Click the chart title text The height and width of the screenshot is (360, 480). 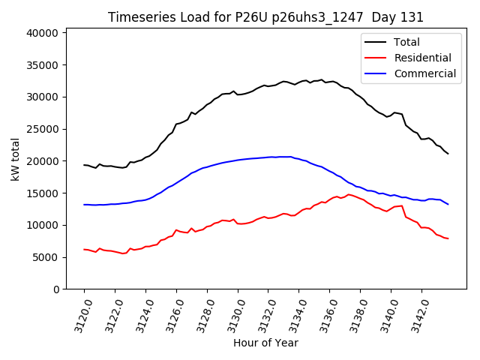(x=265, y=17)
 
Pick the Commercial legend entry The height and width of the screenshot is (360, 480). (x=424, y=73)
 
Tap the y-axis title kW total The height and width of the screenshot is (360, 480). (x=16, y=159)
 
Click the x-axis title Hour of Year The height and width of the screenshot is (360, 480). (x=265, y=343)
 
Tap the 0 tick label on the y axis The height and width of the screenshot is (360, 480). (x=55, y=289)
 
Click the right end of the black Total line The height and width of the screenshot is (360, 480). (x=448, y=154)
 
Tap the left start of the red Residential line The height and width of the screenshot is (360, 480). (x=84, y=250)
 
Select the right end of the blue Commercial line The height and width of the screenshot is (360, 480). (x=448, y=204)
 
